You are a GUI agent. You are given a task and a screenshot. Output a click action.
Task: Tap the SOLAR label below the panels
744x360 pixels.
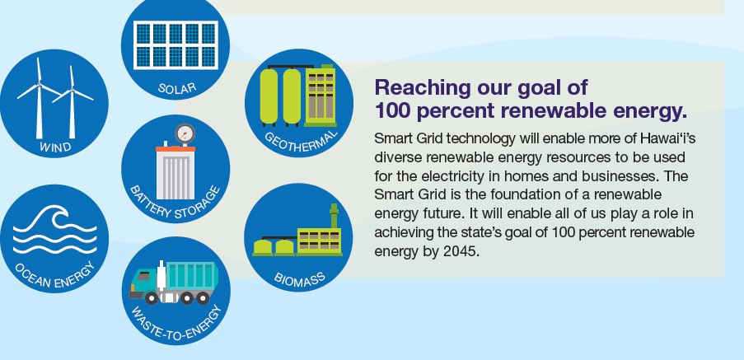click(x=175, y=87)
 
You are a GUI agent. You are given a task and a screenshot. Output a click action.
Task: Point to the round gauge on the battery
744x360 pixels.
click(x=185, y=133)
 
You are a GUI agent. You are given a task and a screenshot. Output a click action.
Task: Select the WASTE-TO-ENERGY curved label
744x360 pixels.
click(x=175, y=325)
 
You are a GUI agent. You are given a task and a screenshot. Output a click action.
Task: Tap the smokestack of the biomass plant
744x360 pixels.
click(x=334, y=217)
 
